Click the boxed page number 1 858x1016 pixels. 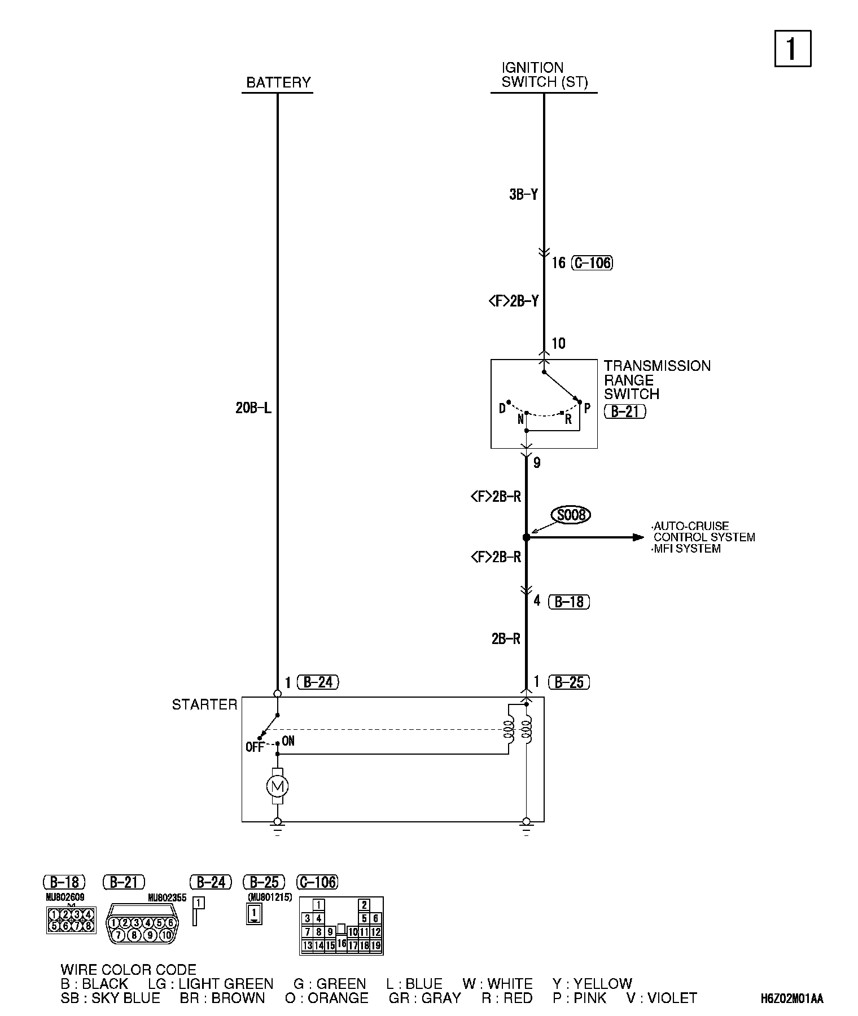point(792,49)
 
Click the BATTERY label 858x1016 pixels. point(278,82)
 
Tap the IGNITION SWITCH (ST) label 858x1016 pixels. point(544,75)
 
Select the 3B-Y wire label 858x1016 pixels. point(523,195)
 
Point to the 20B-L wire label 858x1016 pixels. point(253,408)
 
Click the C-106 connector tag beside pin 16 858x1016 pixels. point(592,262)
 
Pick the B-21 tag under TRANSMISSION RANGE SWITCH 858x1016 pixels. point(625,411)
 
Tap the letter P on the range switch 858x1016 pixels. point(587,408)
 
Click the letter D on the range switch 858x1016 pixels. point(502,408)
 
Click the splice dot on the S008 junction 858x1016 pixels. point(526,538)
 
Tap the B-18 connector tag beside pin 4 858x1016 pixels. point(569,602)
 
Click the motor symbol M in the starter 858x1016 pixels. point(277,786)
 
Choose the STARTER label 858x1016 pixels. point(204,704)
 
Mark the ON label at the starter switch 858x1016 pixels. point(288,741)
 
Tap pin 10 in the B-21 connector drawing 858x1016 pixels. point(166,935)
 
